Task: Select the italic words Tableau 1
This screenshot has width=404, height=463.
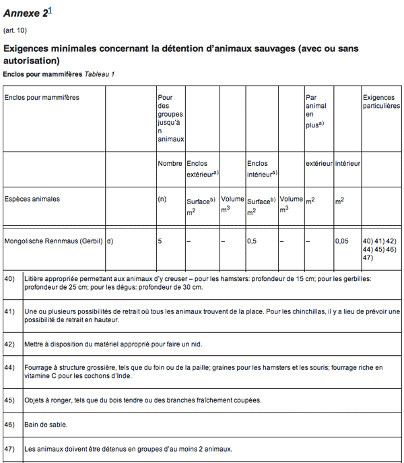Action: tap(100, 73)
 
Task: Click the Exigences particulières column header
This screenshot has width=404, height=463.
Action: tap(381, 102)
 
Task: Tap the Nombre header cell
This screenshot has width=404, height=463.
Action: tap(170, 163)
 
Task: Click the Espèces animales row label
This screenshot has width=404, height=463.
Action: tap(32, 199)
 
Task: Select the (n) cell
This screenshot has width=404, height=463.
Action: tap(162, 199)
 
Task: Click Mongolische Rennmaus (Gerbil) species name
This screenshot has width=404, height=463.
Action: tap(53, 241)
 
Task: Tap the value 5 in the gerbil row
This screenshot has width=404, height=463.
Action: tap(160, 241)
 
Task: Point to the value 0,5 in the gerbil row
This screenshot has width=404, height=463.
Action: tap(252, 241)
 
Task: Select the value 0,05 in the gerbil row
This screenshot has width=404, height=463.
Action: tap(342, 241)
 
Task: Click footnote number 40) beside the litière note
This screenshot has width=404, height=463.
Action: tap(9, 278)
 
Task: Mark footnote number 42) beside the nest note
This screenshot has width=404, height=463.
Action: tap(9, 344)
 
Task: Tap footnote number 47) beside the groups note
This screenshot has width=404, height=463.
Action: tap(9, 448)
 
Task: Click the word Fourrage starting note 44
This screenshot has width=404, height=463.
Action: tap(38, 367)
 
